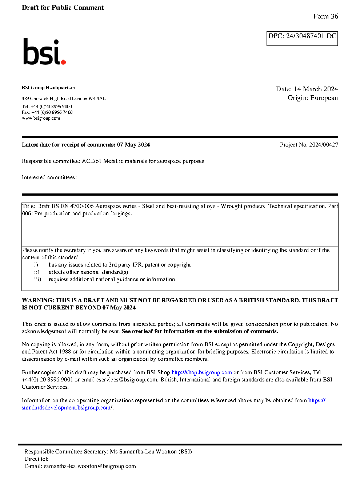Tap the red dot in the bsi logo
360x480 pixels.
pyautogui.click(x=63, y=62)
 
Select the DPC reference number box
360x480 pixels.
pyautogui.click(x=302, y=39)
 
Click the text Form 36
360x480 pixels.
pyautogui.click(x=325, y=16)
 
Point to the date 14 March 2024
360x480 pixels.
pyautogui.click(x=316, y=89)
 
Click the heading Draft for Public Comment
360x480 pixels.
pyautogui.click(x=63, y=8)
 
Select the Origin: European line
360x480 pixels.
pyautogui.click(x=312, y=98)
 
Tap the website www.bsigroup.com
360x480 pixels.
pyautogui.click(x=41, y=118)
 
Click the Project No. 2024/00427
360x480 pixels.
pyautogui.click(x=309, y=145)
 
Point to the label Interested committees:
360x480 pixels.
pyautogui.click(x=49, y=177)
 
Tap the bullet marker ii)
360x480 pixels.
pyautogui.click(x=37, y=272)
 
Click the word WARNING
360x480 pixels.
pyautogui.click(x=38, y=300)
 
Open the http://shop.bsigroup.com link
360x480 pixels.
pyautogui.click(x=201, y=372)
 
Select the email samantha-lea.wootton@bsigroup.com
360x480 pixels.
pyautogui.click(x=90, y=466)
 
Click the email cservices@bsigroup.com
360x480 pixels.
pyautogui.click(x=127, y=380)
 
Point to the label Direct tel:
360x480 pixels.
pyautogui.click(x=36, y=459)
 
